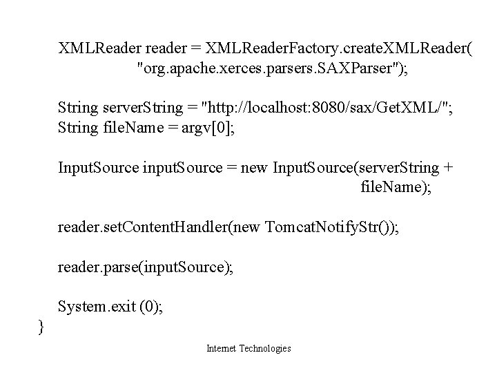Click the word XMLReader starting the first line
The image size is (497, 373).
click(99, 49)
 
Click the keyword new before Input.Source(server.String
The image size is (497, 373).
click(256, 167)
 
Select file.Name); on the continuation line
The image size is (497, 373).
click(396, 186)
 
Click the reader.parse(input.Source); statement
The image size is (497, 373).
click(146, 267)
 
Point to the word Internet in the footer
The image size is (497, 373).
click(222, 349)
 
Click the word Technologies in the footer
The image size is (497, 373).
click(266, 349)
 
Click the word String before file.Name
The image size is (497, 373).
click(78, 127)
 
